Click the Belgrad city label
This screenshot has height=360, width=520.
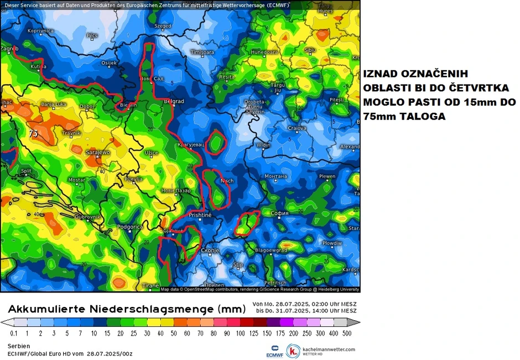pos(174,102)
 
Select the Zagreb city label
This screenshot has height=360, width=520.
pos(9,49)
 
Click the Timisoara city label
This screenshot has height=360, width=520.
pos(202,52)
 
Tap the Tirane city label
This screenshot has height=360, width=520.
pos(151,286)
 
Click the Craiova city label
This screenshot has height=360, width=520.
pos(297,128)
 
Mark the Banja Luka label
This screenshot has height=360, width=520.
pos(54,104)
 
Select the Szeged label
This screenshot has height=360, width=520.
pos(163,26)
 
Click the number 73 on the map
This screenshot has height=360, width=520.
pos(33,133)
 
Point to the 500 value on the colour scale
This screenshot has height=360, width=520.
pos(346,333)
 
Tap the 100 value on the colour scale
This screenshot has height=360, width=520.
pos(241,333)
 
